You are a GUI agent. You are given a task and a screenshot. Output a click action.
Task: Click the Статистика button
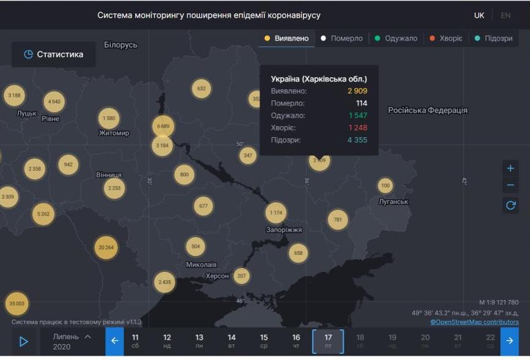(53, 54)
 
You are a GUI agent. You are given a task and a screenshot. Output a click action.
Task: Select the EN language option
(506, 15)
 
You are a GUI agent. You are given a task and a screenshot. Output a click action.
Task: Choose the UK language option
(479, 15)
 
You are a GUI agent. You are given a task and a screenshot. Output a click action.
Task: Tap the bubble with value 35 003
(17, 303)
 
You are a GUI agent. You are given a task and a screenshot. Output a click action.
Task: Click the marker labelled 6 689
(163, 126)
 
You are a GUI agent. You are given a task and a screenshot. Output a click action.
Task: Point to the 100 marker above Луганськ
(385, 186)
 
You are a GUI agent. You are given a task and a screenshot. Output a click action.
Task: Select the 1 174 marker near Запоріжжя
(276, 212)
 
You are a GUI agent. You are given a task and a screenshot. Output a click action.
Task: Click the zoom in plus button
(511, 168)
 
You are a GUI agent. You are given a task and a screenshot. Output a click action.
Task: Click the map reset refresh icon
(511, 205)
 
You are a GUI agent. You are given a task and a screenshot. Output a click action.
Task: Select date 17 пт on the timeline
(328, 341)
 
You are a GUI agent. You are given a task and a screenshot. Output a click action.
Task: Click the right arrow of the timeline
(509, 341)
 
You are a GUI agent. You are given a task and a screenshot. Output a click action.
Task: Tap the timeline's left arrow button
(114, 341)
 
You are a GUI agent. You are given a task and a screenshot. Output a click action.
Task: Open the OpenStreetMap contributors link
(474, 322)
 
